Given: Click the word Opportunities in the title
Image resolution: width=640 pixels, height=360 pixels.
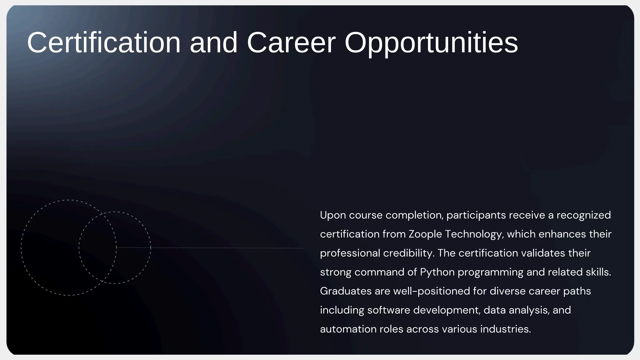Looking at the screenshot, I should [x=431, y=43].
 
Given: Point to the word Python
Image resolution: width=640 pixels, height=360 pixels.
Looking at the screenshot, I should [x=437, y=272].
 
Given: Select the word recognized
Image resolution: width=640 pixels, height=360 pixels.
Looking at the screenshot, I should [x=583, y=215].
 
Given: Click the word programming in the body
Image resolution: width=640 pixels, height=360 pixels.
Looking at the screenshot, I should [x=490, y=272].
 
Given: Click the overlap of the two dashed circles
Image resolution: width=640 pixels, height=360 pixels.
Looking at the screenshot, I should [x=98, y=247].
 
